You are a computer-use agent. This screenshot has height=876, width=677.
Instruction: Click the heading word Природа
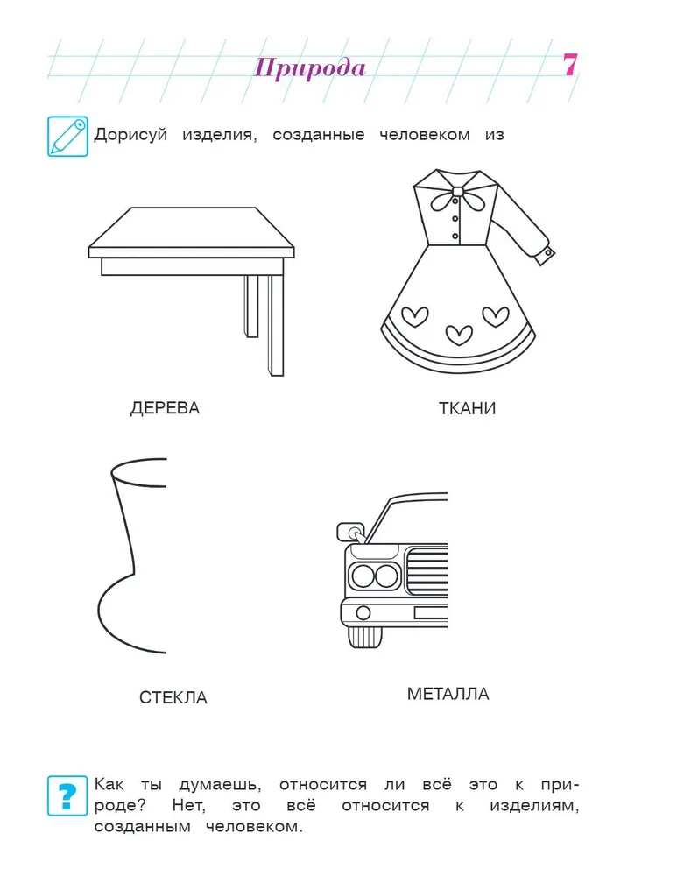(310, 68)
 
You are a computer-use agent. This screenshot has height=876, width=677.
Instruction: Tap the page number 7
(569, 65)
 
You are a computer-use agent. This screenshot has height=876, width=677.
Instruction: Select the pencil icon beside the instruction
(67, 137)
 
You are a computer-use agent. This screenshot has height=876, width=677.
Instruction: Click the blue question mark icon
(67, 795)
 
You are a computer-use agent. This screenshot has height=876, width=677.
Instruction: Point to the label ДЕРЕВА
(165, 408)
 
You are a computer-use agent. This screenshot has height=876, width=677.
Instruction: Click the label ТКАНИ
(467, 408)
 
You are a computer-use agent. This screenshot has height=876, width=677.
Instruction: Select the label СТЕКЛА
(173, 697)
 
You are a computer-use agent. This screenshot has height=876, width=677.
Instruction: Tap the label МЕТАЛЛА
(448, 694)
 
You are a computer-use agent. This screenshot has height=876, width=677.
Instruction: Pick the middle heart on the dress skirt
(459, 335)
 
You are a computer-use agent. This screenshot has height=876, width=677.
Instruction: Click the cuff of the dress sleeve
(545, 255)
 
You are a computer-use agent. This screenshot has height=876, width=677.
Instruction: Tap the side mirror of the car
(350, 532)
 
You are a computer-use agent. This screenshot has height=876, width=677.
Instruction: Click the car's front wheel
(365, 637)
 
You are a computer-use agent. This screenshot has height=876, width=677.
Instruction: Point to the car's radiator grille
(428, 571)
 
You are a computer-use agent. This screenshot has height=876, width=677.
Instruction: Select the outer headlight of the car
(363, 576)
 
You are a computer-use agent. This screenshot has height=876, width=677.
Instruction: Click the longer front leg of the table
(275, 325)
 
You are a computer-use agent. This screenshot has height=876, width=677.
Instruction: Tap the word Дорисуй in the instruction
(130, 135)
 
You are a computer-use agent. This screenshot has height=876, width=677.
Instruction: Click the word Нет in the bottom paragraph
(189, 806)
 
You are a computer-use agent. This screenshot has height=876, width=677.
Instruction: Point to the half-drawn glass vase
(132, 556)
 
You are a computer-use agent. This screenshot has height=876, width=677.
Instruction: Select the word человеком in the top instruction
(425, 135)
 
